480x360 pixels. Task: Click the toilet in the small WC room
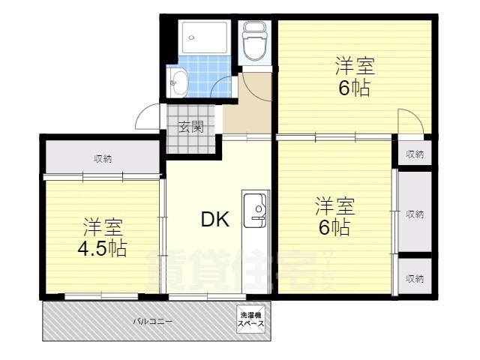255,41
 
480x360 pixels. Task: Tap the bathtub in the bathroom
205,37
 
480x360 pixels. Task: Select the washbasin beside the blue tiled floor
178,82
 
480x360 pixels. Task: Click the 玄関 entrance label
191,127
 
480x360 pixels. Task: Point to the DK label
215,219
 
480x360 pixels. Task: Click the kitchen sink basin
255,211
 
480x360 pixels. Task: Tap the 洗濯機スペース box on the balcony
251,319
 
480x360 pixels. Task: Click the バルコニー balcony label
153,322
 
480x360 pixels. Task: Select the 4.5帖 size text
102,247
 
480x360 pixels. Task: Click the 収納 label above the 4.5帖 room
103,159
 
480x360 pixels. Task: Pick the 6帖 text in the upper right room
355,88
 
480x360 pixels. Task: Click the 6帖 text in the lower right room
334,227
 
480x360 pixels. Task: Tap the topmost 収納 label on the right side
415,154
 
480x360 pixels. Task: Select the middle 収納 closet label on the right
415,214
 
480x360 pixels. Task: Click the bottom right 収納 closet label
415,278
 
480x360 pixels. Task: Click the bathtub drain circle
192,37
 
